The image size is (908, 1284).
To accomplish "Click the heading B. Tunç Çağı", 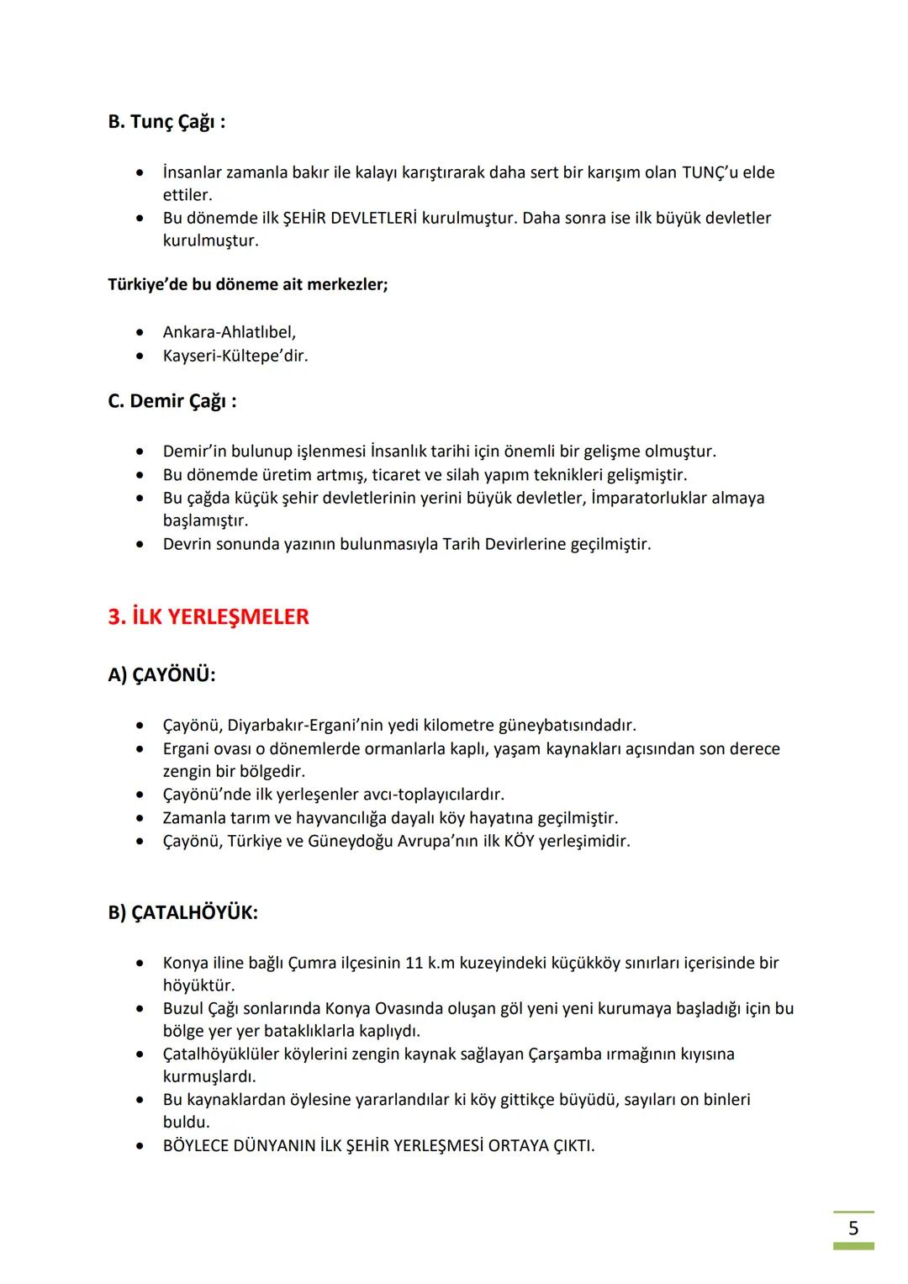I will coord(166,122).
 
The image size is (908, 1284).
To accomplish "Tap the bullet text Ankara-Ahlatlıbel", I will coord(229,332).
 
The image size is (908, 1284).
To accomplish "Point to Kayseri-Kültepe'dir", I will coord(235,356).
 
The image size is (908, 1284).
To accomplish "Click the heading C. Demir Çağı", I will coord(172,401).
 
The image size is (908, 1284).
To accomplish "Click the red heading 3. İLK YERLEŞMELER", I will coord(209,616).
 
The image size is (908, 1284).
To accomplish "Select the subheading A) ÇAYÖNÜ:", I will coord(161,675).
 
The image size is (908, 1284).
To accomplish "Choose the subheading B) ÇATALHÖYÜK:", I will coord(182,912).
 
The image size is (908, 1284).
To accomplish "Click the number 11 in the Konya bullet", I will coord(414,963).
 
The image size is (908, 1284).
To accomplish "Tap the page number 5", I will coord(853,1228).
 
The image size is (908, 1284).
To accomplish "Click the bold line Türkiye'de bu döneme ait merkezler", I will coord(248,284).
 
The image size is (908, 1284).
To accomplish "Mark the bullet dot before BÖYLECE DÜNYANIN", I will coord(140,1145).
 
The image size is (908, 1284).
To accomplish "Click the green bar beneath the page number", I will coord(853,1246).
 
